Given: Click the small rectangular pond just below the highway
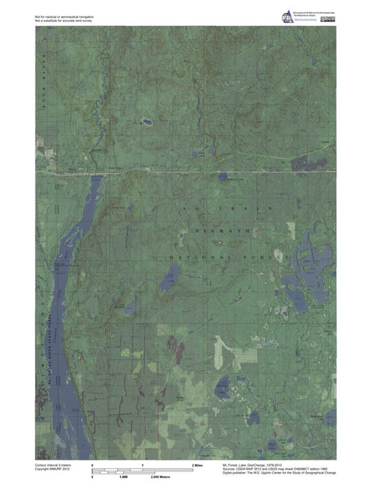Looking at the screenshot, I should point(223,176).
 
